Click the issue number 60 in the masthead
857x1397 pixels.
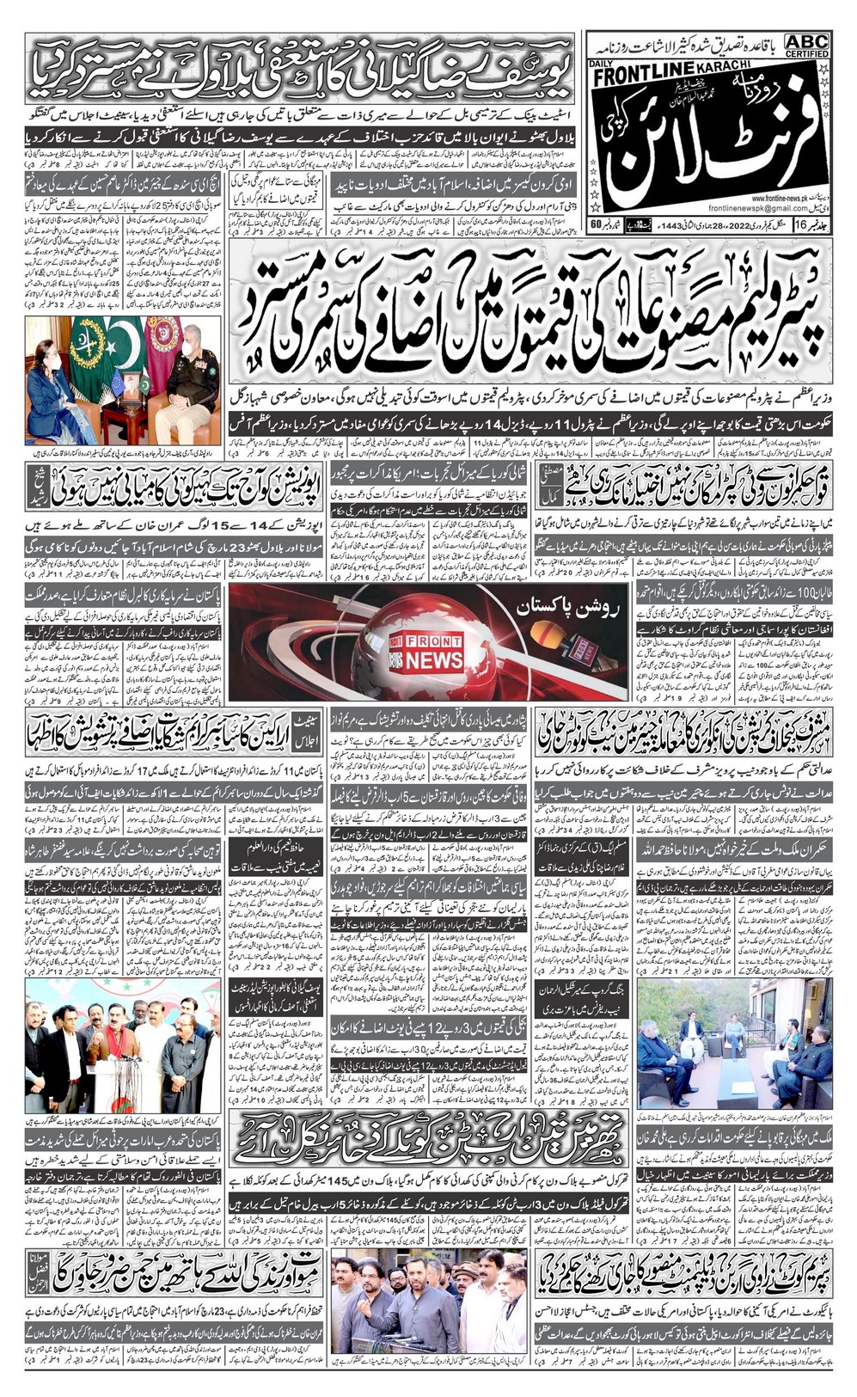[x=596, y=225]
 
